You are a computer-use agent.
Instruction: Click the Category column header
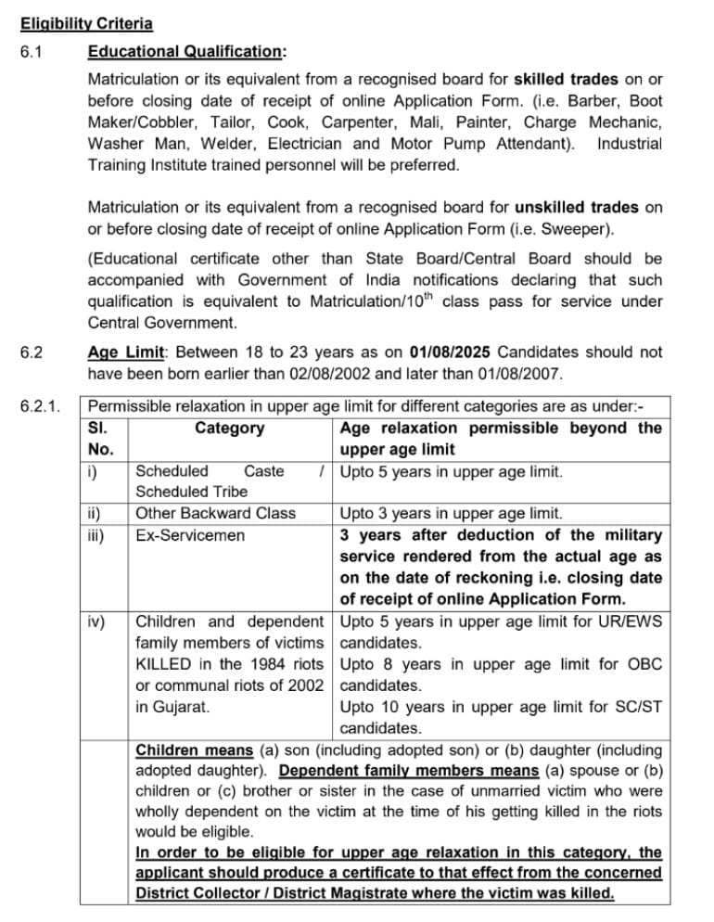(x=229, y=429)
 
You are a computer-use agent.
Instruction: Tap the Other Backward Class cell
(x=215, y=513)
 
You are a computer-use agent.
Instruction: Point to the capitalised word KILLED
(x=169, y=664)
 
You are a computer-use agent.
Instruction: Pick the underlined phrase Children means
(x=193, y=749)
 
